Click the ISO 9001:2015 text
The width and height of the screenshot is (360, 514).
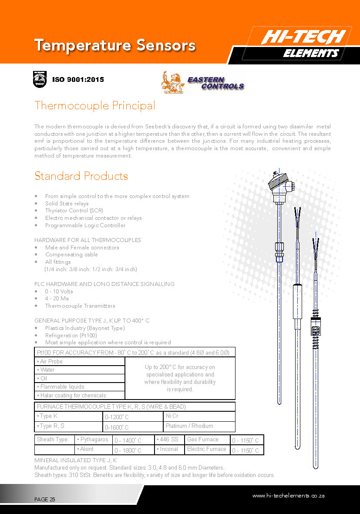[78, 80]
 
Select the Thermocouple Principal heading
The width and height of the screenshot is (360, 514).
[94, 105]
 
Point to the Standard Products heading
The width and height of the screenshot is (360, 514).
[81, 176]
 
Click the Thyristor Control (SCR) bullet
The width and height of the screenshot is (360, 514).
[74, 211]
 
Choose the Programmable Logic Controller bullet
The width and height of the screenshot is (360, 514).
[85, 225]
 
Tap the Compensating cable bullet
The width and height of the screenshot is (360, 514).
[71, 255]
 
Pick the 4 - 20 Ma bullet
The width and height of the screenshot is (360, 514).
[57, 299]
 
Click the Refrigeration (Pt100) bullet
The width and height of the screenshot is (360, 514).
[71, 335]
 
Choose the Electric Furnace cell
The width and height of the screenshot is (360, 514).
[207, 449]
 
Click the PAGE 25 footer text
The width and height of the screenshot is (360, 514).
[45, 500]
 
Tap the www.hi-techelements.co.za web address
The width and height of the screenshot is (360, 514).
[288, 496]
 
